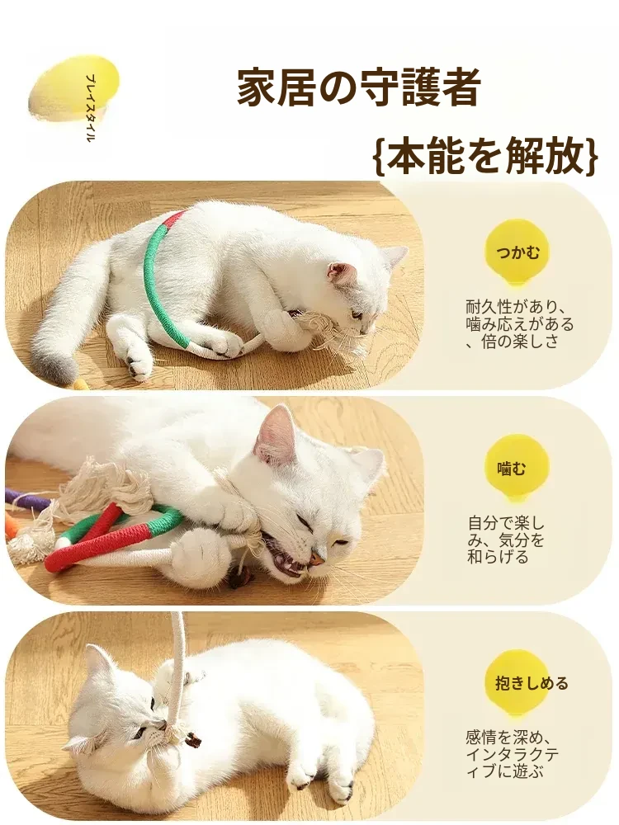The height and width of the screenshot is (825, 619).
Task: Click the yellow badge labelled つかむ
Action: [518, 252]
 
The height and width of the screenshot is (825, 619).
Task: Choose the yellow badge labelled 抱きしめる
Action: [531, 683]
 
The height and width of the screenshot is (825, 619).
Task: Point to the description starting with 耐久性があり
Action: [519, 324]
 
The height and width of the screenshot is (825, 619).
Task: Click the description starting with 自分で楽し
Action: [506, 540]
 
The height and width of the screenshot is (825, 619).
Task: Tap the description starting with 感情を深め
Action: [513, 755]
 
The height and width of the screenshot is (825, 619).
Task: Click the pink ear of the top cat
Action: [339, 274]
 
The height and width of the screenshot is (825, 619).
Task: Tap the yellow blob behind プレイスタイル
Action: [73, 88]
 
